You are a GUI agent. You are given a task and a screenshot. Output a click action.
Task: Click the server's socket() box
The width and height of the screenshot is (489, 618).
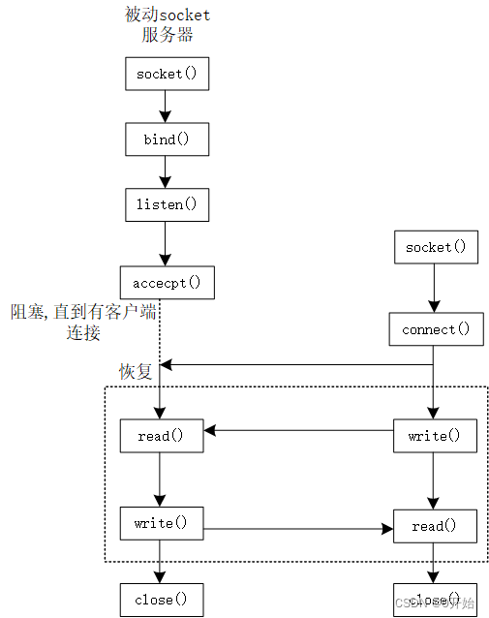167,75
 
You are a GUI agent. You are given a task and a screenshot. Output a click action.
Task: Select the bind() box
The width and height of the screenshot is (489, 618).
167,139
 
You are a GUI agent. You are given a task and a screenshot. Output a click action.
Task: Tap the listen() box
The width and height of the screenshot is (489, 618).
167,205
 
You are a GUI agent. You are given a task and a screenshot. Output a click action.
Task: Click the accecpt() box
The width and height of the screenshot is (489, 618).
167,282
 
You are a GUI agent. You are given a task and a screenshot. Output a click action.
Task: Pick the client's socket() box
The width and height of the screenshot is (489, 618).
435,247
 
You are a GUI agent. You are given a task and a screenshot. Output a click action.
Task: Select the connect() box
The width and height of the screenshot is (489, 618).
435,329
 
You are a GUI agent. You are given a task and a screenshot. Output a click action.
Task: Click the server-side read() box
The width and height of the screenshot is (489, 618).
161,436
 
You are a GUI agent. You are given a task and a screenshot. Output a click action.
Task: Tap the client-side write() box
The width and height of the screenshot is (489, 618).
435,436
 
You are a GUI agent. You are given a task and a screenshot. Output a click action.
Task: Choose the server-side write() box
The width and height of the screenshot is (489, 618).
161,523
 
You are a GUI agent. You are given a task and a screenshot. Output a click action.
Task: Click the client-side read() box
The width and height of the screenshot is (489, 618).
435,526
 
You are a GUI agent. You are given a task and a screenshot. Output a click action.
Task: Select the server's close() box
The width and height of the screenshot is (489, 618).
161,600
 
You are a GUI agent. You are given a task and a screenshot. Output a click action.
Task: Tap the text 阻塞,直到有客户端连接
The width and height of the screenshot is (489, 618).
81,322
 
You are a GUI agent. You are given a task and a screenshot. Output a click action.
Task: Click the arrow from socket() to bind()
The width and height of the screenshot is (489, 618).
167,107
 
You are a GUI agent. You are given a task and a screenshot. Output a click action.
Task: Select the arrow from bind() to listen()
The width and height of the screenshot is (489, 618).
167,172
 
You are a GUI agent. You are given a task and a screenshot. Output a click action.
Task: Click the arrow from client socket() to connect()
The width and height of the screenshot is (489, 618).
435,288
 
